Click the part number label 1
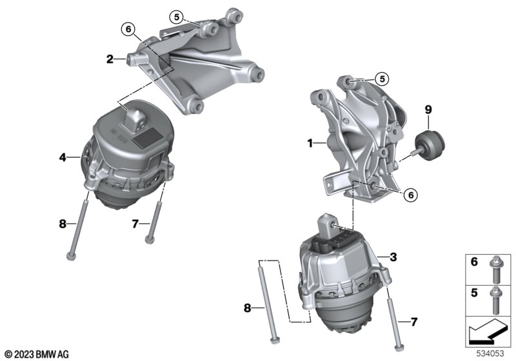coord(310,143)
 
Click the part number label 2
coord(110,59)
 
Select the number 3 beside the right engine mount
coord(393,257)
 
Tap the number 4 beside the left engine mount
coord(63,157)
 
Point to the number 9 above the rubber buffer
coord(428,110)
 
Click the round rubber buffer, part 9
coord(430,144)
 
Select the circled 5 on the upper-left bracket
coord(177,17)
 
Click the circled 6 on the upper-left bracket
coord(128,30)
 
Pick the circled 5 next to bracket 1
coord(382,79)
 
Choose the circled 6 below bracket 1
coord(410,195)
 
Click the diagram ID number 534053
coord(490,353)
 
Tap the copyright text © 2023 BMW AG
coord(37,355)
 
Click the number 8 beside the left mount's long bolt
coord(63,224)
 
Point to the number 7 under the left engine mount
coord(135,224)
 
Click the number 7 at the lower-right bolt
coord(413,322)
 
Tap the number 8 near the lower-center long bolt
coord(247,308)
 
